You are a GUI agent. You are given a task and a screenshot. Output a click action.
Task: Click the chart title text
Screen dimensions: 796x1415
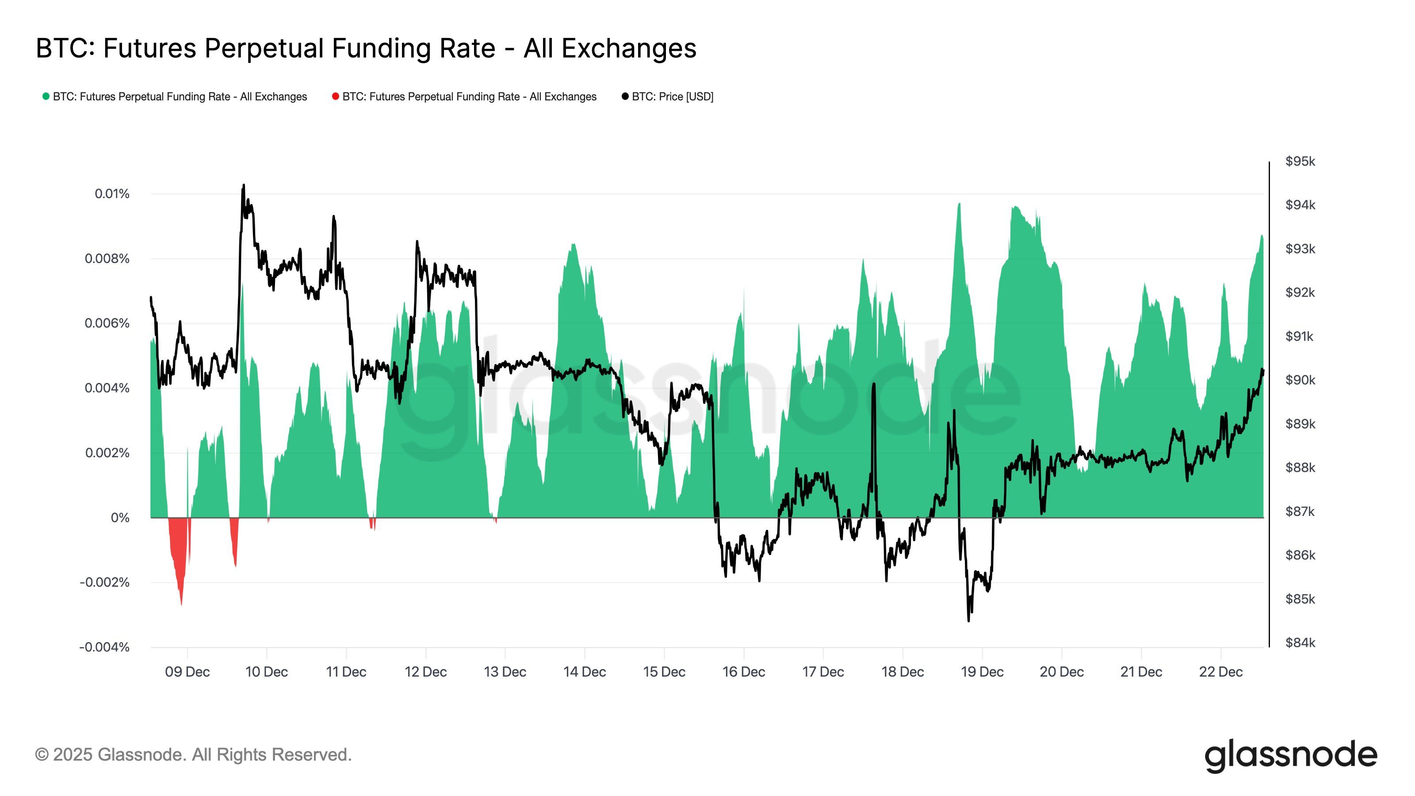pyautogui.click(x=366, y=48)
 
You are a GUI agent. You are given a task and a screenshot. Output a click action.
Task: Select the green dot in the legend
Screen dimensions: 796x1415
pyautogui.click(x=46, y=97)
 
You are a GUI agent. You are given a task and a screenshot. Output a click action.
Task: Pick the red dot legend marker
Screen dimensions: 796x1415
pyautogui.click(x=335, y=97)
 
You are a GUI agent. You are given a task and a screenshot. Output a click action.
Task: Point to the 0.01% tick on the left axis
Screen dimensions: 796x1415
pyautogui.click(x=112, y=194)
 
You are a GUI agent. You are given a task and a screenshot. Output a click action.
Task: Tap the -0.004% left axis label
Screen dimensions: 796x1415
pyautogui.click(x=104, y=647)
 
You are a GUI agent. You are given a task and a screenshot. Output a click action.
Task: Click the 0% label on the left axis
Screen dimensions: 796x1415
pyautogui.click(x=120, y=518)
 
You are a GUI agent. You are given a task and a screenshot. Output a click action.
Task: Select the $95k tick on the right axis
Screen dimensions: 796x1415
pyautogui.click(x=1300, y=161)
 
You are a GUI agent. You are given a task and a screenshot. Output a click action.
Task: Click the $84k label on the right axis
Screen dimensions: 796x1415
pyautogui.click(x=1300, y=643)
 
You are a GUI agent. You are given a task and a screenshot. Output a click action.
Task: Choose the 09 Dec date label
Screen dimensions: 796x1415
pyautogui.click(x=187, y=672)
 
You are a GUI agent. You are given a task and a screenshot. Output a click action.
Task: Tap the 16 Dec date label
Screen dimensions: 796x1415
pyautogui.click(x=743, y=672)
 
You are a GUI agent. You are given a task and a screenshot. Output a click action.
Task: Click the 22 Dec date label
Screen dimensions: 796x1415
pyautogui.click(x=1220, y=672)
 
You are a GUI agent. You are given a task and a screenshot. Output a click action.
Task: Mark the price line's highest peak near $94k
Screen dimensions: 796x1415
pyautogui.click(x=243, y=186)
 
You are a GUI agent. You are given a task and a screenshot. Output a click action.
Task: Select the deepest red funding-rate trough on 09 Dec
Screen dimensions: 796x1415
pyautogui.click(x=181, y=604)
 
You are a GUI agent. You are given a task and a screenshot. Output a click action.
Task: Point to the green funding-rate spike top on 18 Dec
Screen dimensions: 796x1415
pyautogui.click(x=959, y=204)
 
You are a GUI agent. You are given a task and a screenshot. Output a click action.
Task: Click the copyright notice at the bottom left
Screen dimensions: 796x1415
pyautogui.click(x=193, y=755)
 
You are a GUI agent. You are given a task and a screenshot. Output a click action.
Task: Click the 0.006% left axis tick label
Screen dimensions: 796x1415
pyautogui.click(x=107, y=324)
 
